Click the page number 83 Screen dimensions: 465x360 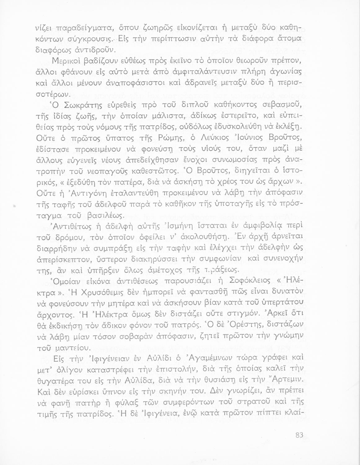click(x=299, y=435)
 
